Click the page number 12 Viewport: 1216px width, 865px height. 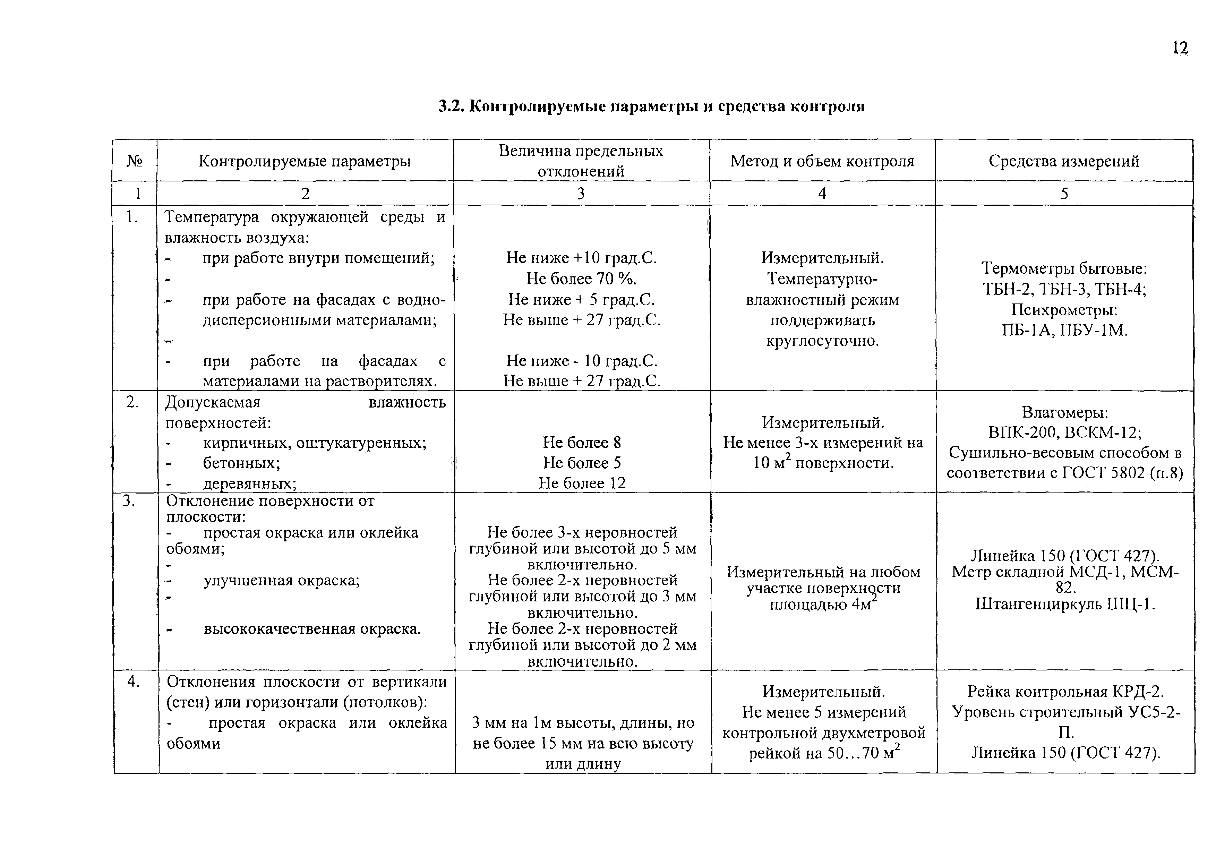tap(1180, 49)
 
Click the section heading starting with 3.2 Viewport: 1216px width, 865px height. tap(651, 106)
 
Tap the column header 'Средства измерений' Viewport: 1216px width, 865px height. tap(1064, 161)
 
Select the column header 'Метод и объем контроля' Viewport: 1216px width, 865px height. tap(822, 161)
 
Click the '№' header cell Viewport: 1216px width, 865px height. tap(134, 161)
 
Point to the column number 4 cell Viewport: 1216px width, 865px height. tap(822, 193)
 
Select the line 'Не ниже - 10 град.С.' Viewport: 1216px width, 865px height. tap(582, 361)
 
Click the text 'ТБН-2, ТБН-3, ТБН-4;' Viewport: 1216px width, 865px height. tap(1064, 289)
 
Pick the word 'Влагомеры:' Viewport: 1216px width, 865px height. tap(1064, 412)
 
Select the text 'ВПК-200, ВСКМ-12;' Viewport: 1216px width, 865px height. tap(1064, 432)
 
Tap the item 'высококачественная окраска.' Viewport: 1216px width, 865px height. tap(312, 629)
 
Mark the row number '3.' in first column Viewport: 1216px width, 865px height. tap(128, 501)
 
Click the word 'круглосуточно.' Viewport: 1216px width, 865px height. tap(822, 341)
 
